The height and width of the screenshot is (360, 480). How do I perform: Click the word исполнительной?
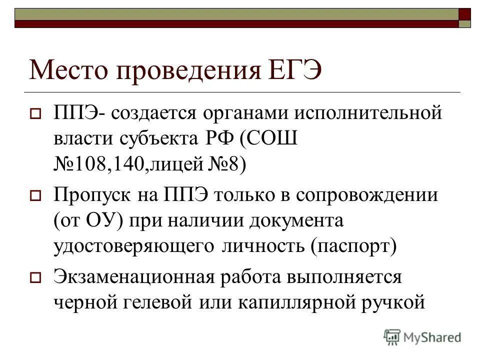368,113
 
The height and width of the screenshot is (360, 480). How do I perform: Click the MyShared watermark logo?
422,337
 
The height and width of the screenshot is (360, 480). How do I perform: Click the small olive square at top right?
465,22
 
